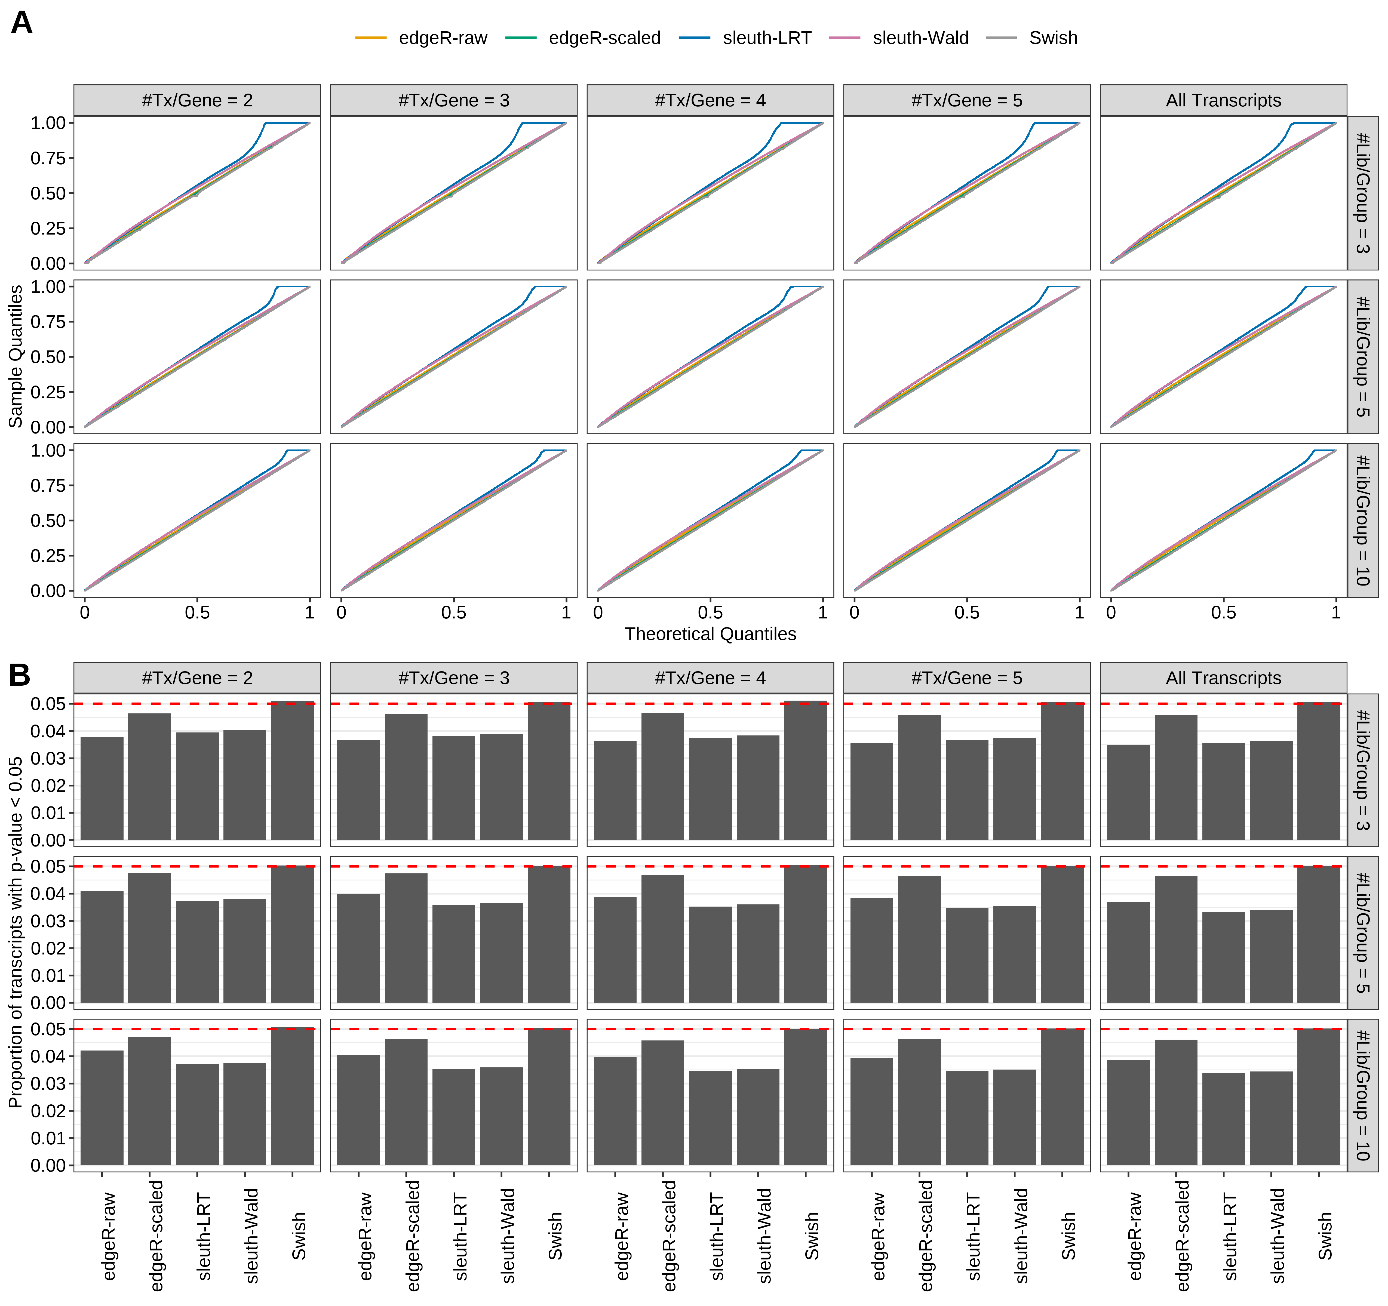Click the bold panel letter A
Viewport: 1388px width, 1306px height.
[22, 23]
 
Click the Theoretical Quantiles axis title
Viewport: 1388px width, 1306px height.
[710, 634]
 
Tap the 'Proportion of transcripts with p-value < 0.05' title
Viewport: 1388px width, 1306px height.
[15, 932]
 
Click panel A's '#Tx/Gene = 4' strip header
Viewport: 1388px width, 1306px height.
[710, 100]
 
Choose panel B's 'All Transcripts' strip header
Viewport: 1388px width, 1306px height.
[1223, 678]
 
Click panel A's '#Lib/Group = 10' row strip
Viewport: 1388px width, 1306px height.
[1362, 520]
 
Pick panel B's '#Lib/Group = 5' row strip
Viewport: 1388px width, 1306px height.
[1362, 932]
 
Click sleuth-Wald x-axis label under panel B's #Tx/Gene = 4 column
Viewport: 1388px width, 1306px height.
[764, 1236]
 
